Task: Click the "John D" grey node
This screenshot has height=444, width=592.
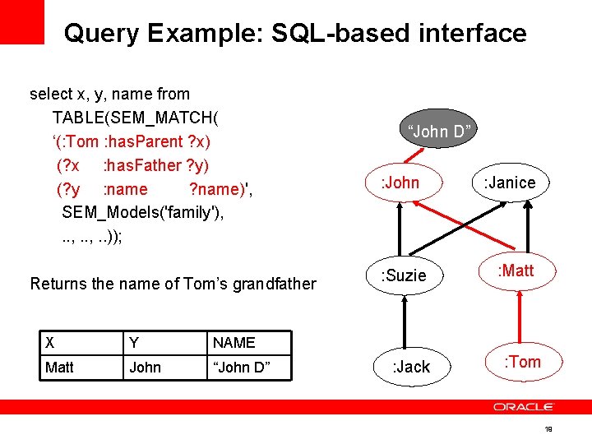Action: click(439, 132)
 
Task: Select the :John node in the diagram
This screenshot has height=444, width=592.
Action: click(400, 183)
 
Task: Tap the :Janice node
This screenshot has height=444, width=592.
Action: click(509, 183)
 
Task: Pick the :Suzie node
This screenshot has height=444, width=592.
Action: click(404, 275)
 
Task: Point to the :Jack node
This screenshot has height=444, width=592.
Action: click(409, 367)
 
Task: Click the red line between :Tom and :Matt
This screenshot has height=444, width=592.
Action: click(518, 317)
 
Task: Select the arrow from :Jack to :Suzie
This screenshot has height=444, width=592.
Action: click(404, 321)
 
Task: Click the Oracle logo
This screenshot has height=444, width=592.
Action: click(524, 407)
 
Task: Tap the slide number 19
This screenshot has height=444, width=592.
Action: click(548, 429)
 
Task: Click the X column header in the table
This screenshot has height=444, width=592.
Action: click(50, 343)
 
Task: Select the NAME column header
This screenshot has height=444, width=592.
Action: click(234, 343)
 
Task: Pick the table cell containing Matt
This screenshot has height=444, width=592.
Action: click(59, 368)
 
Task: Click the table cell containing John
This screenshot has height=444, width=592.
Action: click(145, 368)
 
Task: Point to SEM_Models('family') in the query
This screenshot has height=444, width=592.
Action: click(142, 212)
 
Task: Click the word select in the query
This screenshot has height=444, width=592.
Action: click(49, 95)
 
